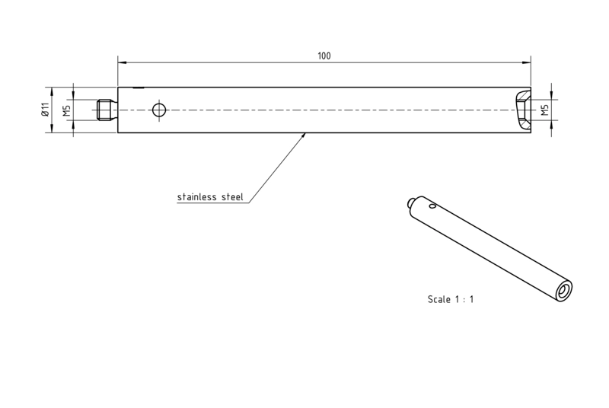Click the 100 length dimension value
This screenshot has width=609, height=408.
click(x=324, y=56)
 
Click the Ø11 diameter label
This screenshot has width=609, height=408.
click(x=45, y=110)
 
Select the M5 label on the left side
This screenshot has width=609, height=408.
click(x=67, y=110)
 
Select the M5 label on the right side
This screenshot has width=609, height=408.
click(x=545, y=110)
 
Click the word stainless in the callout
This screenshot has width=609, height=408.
click(x=197, y=197)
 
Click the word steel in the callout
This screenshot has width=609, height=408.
click(x=232, y=197)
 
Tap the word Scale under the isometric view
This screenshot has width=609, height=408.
click(x=439, y=299)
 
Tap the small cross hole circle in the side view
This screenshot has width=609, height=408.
click(x=159, y=110)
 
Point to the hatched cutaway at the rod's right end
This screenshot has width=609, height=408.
click(x=523, y=110)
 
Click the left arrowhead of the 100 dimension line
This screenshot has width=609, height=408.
click(x=123, y=62)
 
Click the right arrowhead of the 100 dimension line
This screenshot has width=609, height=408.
click(x=526, y=62)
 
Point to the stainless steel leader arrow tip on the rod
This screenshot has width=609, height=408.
click(x=305, y=134)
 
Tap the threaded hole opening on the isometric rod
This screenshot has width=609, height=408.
click(x=563, y=291)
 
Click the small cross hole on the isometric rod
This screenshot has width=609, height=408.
click(x=432, y=206)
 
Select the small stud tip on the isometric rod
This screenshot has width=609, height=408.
click(x=411, y=202)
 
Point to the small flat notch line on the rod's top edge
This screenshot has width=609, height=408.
click(x=139, y=88)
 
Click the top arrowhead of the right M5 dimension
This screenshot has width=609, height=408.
click(x=552, y=95)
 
